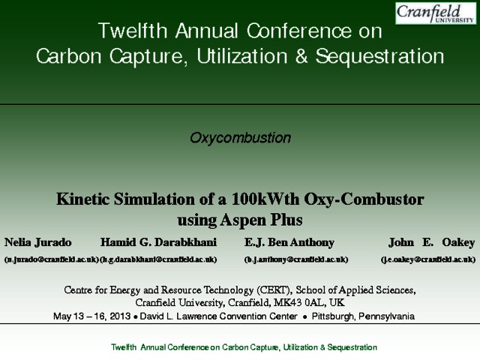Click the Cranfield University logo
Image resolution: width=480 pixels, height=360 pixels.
(x=436, y=13)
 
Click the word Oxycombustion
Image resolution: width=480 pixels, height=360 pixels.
(x=240, y=138)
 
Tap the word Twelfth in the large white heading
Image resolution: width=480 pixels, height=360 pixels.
(x=133, y=31)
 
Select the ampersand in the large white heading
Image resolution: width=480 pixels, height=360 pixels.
(x=301, y=56)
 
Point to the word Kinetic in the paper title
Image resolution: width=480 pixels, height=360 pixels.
(x=82, y=199)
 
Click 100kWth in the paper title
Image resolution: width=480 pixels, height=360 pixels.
(x=265, y=199)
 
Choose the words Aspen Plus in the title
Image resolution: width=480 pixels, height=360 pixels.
(x=261, y=220)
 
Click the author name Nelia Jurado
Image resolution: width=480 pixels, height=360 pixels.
(x=38, y=242)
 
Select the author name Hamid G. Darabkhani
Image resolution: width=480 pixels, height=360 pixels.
(x=158, y=242)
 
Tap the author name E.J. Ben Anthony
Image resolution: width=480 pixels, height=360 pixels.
(x=289, y=242)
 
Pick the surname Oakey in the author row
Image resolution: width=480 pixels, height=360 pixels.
(x=458, y=242)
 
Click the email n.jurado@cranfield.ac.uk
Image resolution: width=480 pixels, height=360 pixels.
(x=52, y=259)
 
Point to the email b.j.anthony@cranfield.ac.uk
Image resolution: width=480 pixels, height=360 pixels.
(x=296, y=259)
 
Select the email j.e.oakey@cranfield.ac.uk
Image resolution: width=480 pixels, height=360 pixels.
(x=428, y=259)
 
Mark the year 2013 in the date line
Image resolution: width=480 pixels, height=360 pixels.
(x=120, y=316)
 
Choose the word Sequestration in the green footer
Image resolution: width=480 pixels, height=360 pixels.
(x=352, y=347)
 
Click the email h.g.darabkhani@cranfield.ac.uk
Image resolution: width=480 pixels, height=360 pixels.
(x=158, y=259)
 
